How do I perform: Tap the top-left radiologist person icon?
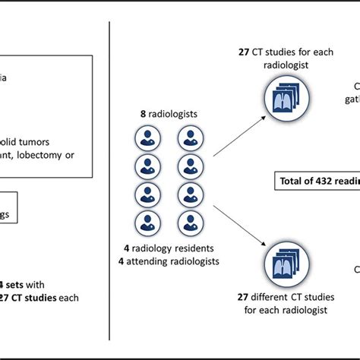[146, 137]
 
